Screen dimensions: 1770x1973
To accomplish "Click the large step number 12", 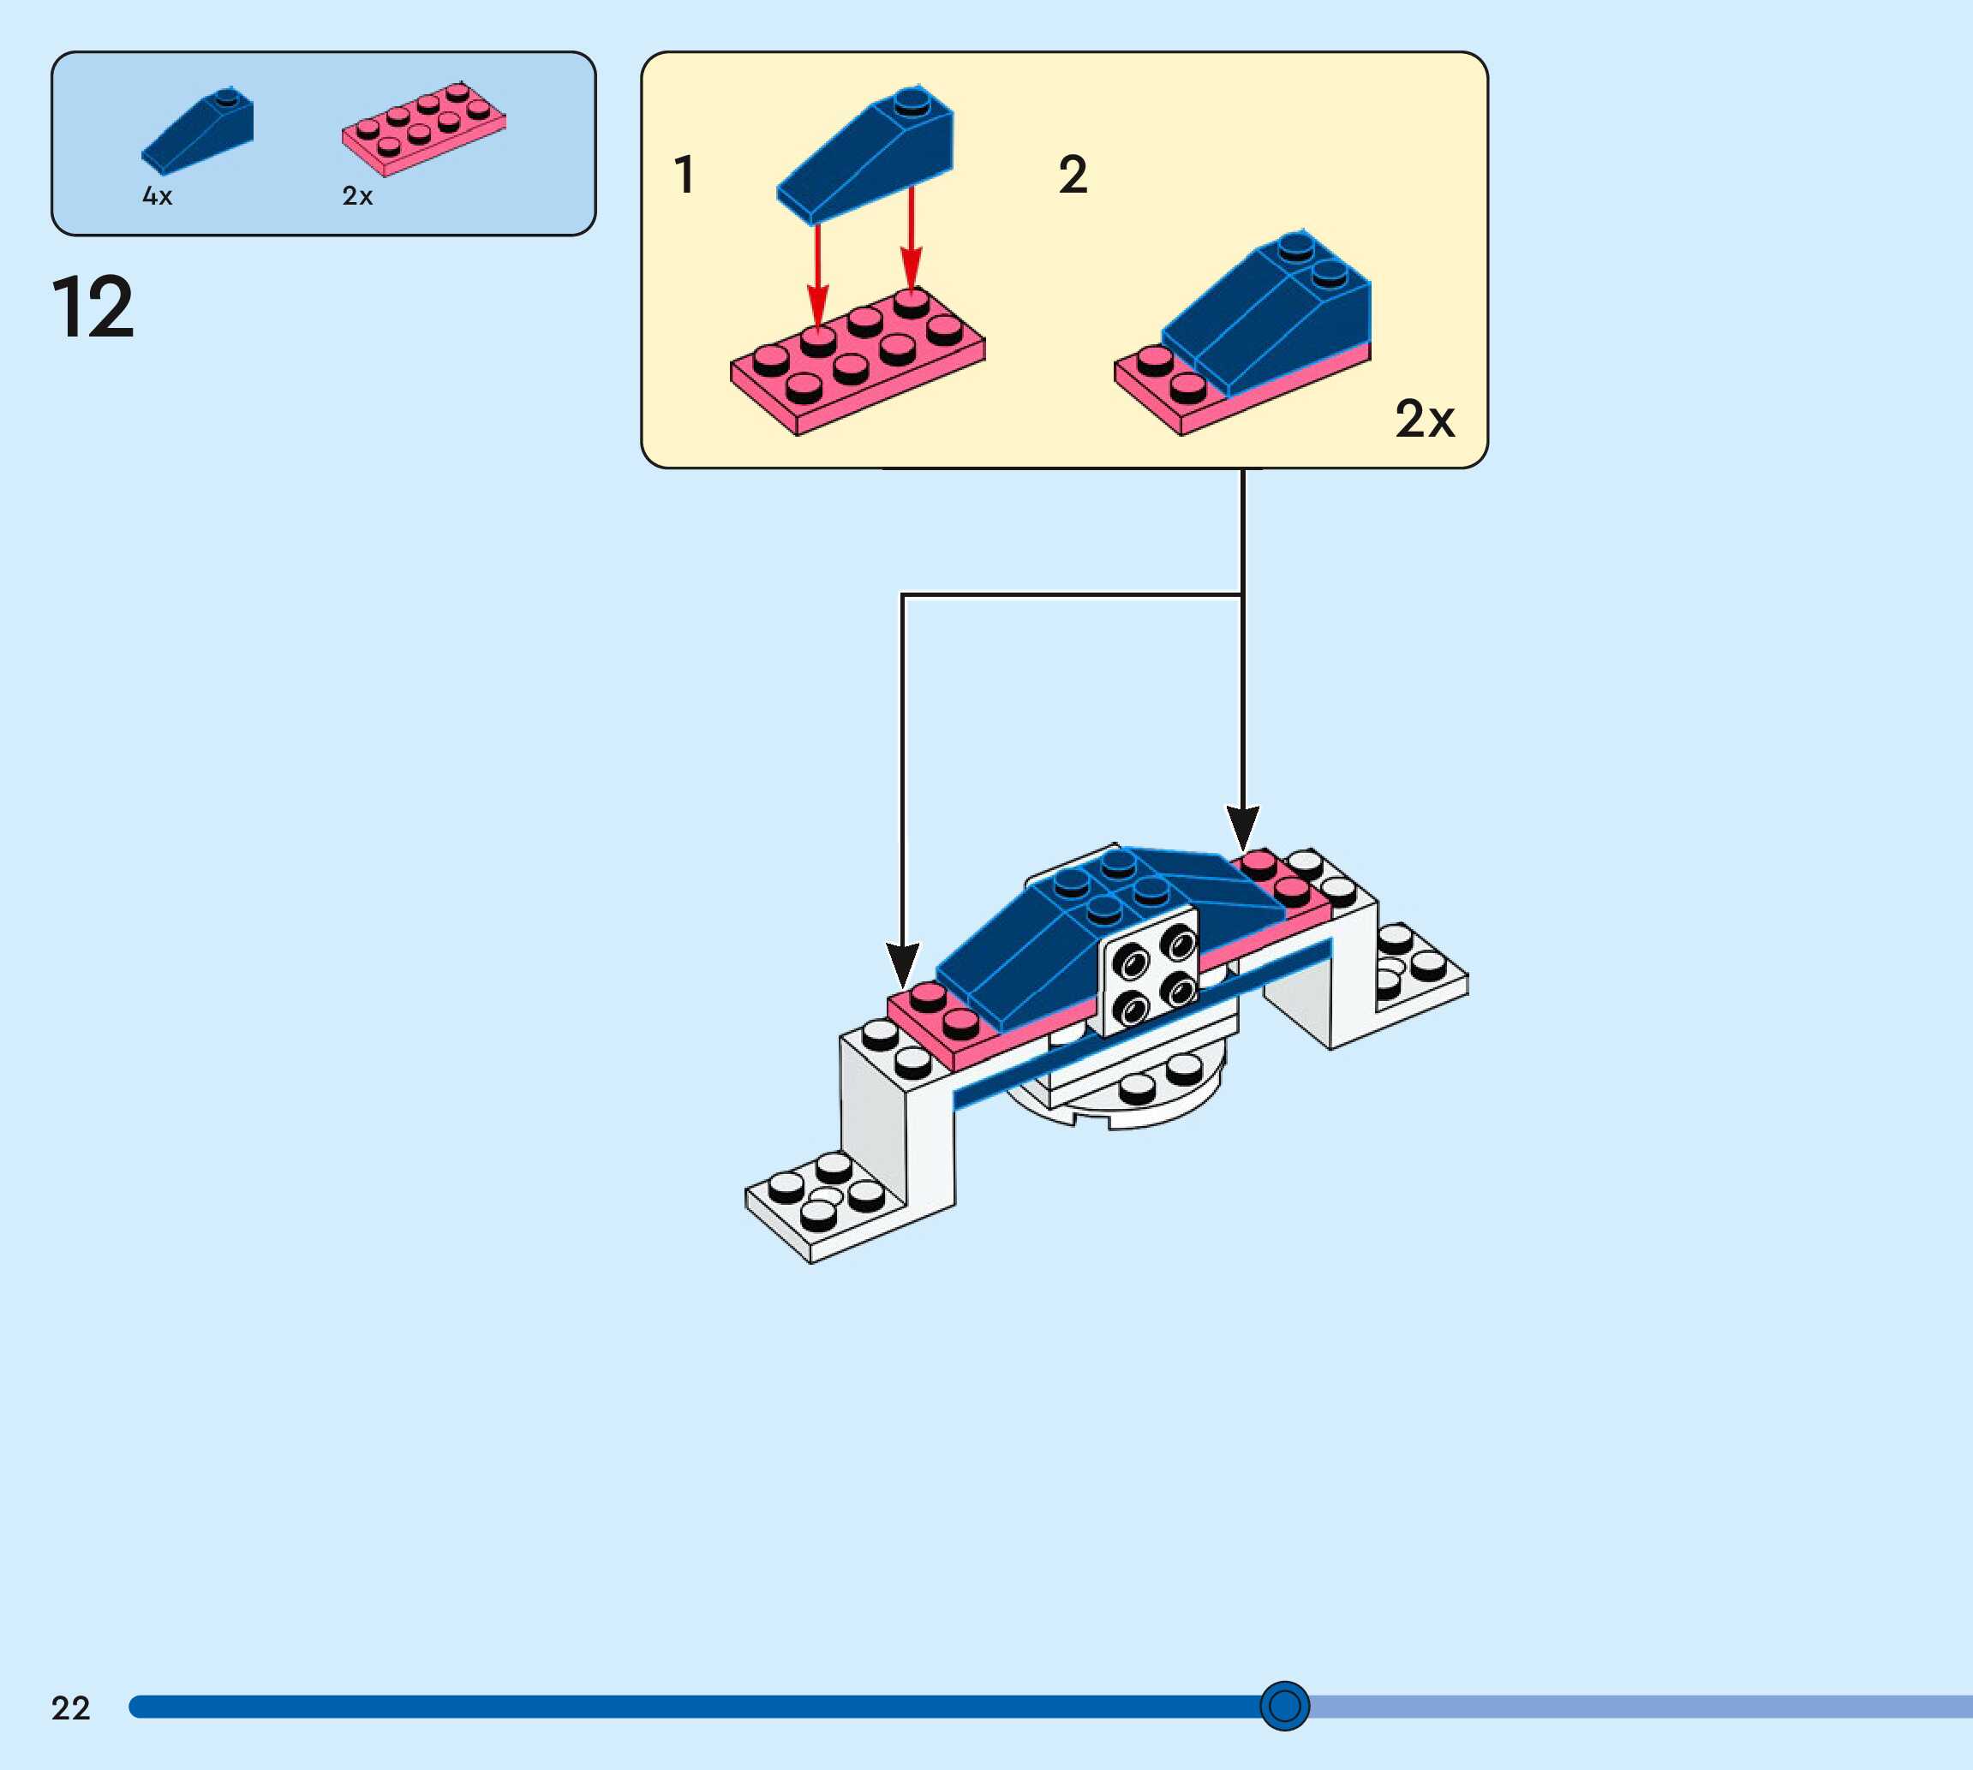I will (x=93, y=307).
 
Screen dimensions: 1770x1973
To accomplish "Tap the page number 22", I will (x=70, y=1707).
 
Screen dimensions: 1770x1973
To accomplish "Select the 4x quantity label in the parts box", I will (x=157, y=196).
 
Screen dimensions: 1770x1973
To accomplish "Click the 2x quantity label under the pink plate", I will (x=357, y=196).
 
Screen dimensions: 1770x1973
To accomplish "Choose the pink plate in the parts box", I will (x=423, y=130).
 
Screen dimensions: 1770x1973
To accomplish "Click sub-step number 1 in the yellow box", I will (x=684, y=175).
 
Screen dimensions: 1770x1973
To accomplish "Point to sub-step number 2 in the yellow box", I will (x=1072, y=175).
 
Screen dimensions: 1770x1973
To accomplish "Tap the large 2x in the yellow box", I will (x=1425, y=419).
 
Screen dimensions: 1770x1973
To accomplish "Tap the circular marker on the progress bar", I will (x=1284, y=1705).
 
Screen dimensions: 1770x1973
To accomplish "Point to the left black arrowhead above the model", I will (x=903, y=962).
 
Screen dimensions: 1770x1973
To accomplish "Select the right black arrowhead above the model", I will (x=1242, y=826).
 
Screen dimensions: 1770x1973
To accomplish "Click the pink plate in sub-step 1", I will (x=856, y=365).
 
